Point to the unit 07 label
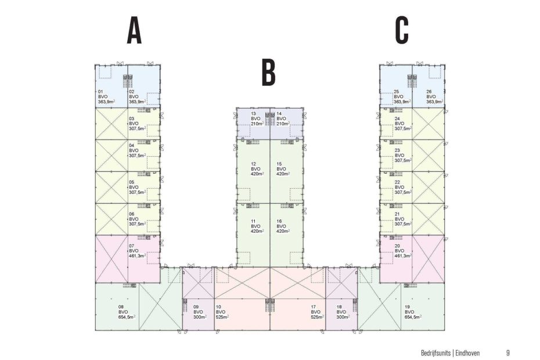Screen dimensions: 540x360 [137, 251]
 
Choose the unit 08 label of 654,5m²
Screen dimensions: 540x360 [127, 312]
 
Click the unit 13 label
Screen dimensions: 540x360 [257, 118]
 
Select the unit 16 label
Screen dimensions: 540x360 [283, 226]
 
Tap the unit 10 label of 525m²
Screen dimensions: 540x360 [222, 312]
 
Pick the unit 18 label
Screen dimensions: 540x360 [343, 312]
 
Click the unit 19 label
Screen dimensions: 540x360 [413, 312]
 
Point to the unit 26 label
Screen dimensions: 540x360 [435, 97]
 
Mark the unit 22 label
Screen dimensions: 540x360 [404, 188]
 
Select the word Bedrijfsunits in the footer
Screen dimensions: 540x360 [435, 353]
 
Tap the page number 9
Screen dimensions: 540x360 [508, 353]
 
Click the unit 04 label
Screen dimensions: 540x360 [137, 150]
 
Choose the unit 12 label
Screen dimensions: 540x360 [257, 169]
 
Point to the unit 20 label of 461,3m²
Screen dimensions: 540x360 [404, 251]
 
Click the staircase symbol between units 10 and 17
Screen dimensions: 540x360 [271, 305]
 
